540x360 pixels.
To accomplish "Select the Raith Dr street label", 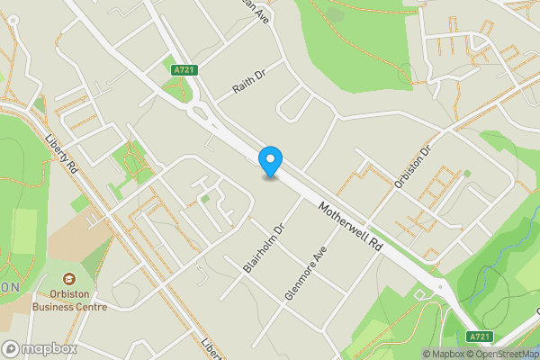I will click(250, 84).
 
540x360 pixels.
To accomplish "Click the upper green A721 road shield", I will click(183, 69).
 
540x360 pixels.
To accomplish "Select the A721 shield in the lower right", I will click(481, 337).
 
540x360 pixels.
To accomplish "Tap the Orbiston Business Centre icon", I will click(72, 275).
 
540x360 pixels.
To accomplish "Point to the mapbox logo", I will click(40, 348).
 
